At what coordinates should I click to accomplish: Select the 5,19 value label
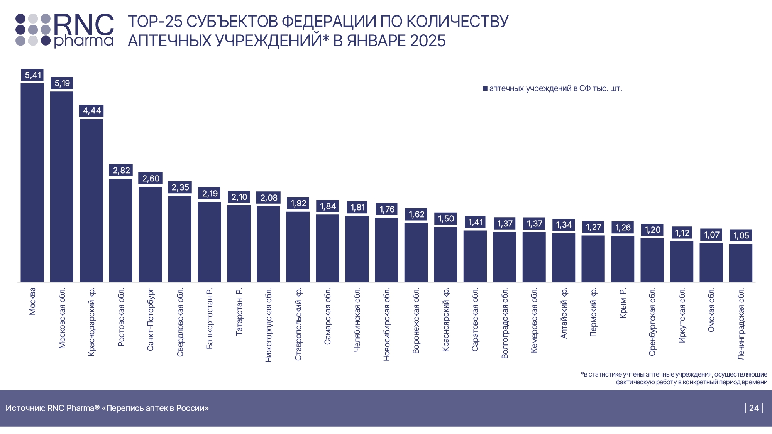pyautogui.click(x=62, y=83)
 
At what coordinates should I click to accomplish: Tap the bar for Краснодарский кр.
pyautogui.click(x=91, y=201)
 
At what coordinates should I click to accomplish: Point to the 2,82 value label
pyautogui.click(x=121, y=170)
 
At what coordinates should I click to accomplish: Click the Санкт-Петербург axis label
pyautogui.click(x=151, y=319)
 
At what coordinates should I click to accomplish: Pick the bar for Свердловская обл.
pyautogui.click(x=180, y=239)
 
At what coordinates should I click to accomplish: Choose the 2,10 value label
pyautogui.click(x=239, y=197)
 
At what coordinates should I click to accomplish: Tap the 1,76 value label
pyautogui.click(x=386, y=209)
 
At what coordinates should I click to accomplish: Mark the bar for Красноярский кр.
pyautogui.click(x=445, y=255)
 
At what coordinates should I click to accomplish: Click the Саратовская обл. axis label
pyautogui.click(x=475, y=319)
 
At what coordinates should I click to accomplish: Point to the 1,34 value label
pyautogui.click(x=564, y=225)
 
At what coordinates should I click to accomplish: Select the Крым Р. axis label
pyautogui.click(x=623, y=303)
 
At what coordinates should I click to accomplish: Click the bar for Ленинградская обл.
pyautogui.click(x=741, y=263)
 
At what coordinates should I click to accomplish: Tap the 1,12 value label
pyautogui.click(x=682, y=233)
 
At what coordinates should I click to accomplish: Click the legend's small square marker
pyautogui.click(x=485, y=89)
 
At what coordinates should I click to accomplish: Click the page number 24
pyautogui.click(x=754, y=408)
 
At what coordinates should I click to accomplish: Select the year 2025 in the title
pyautogui.click(x=428, y=41)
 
